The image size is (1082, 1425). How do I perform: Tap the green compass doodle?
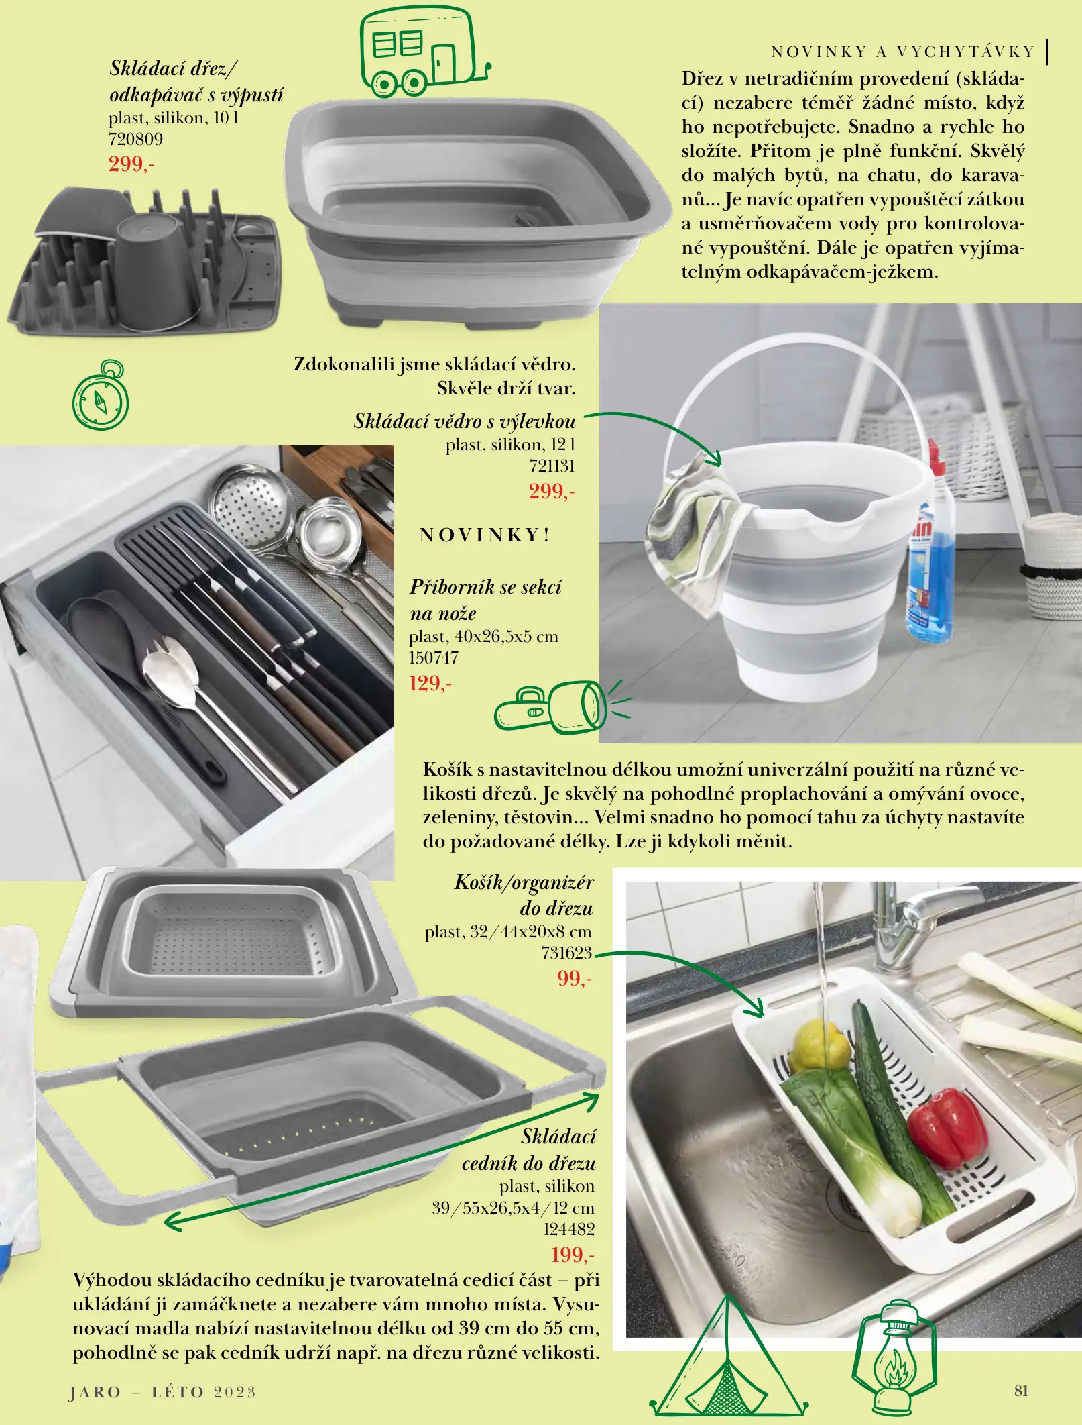101,396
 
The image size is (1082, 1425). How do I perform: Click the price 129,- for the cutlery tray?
430,684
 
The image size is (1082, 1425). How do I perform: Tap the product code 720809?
135,139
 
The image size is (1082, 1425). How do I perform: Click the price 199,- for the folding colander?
573,1254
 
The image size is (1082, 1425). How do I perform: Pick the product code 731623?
566,953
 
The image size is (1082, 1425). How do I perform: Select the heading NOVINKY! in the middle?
485,535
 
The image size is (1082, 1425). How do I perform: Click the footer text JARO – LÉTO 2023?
163,1392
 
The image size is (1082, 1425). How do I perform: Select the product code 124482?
568,1229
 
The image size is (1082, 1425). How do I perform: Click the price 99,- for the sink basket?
575,978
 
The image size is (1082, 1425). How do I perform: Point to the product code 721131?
552,466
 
